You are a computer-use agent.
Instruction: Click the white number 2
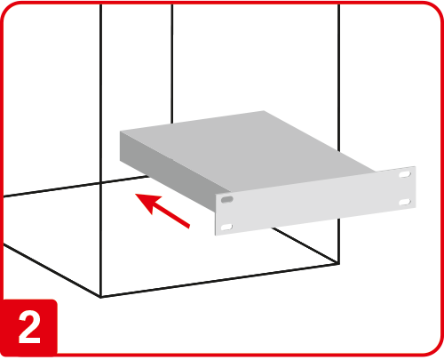29,328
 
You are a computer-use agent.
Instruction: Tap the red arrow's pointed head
135,194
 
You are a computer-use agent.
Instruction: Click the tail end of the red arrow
189,227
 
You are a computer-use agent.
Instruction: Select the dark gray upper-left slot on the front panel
227,199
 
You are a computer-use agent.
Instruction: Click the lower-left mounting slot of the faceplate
226,228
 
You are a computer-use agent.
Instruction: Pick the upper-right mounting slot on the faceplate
405,174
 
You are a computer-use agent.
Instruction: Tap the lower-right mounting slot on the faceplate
405,203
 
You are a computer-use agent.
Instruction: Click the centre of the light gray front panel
315,201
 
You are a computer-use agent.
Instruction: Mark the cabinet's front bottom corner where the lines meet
101,297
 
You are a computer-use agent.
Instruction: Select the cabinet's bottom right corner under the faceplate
338,263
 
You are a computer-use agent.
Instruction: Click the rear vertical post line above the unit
172,64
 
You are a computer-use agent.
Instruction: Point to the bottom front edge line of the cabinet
219,280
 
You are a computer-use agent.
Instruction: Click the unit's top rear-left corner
121,132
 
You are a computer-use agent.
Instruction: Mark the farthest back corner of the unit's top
264,111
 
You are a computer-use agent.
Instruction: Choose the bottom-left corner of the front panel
215,236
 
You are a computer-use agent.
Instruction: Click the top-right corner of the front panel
416,166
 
